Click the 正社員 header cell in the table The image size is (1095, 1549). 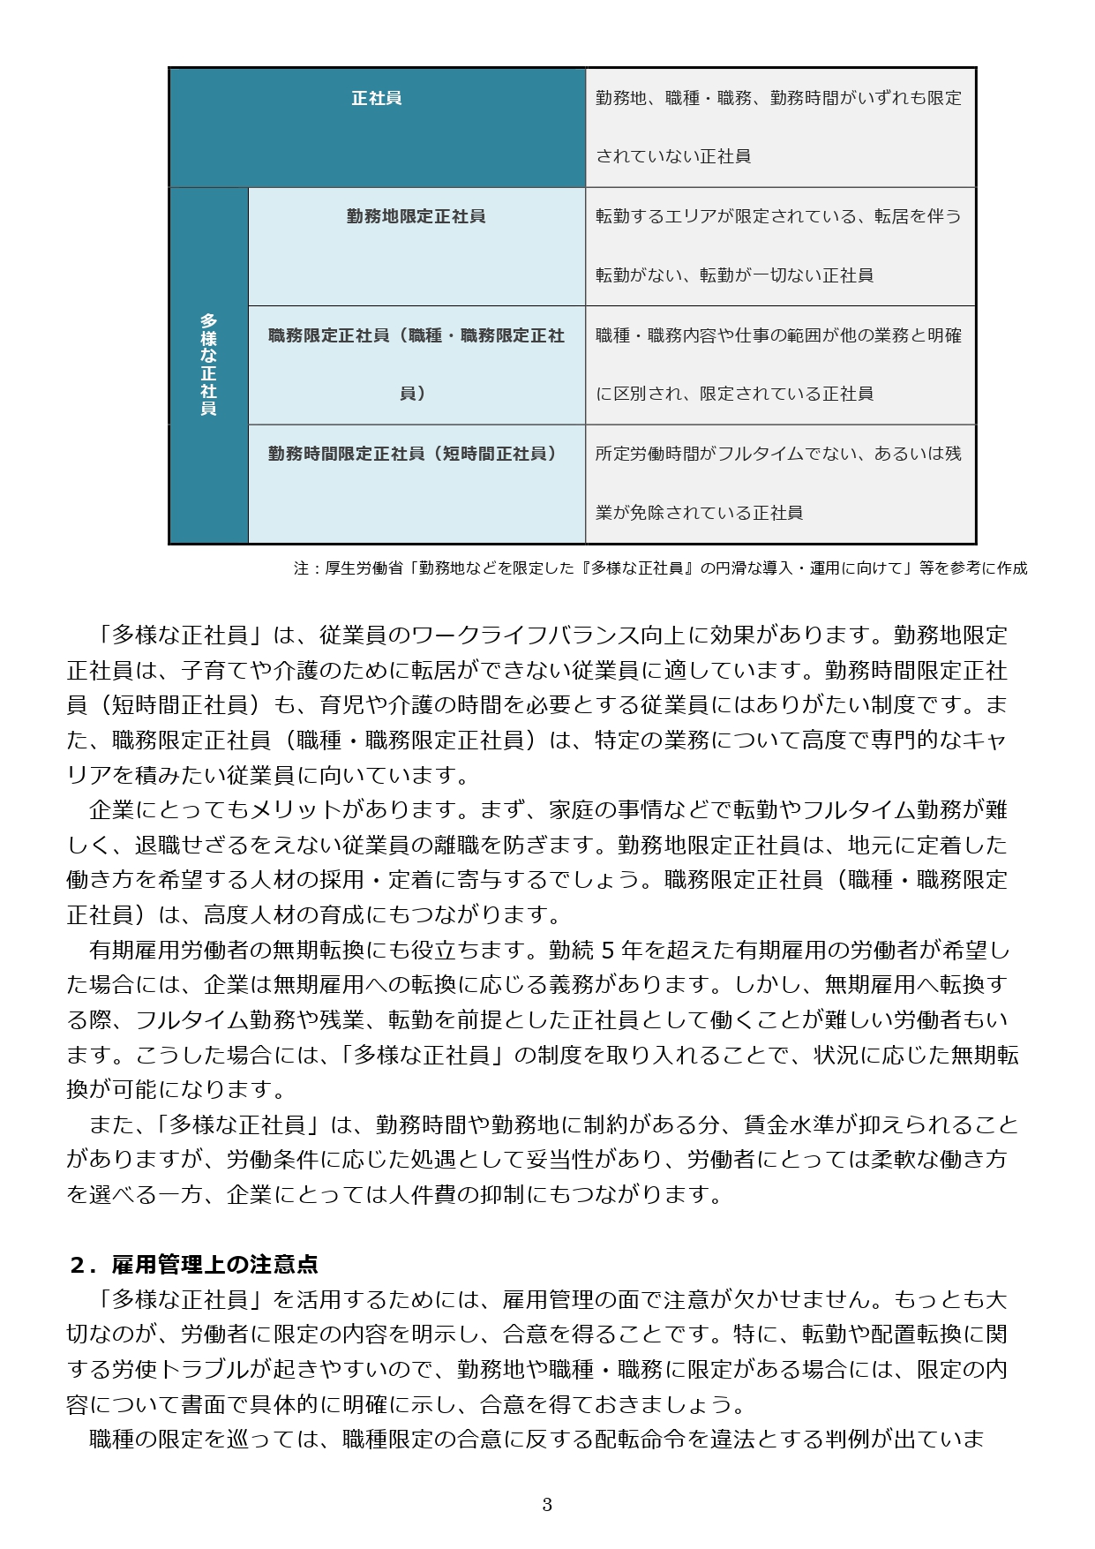click(x=377, y=98)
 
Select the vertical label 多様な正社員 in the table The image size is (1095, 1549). click(x=208, y=365)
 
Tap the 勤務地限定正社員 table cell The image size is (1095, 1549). click(x=416, y=216)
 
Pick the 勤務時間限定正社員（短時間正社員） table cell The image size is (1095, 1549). click(x=416, y=454)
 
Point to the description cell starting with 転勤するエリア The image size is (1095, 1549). click(x=779, y=245)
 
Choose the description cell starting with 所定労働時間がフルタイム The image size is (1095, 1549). click(x=779, y=483)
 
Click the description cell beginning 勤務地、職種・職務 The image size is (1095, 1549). click(x=779, y=126)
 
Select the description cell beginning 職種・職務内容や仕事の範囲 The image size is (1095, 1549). click(x=779, y=364)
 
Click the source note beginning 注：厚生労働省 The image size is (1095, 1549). click(x=660, y=568)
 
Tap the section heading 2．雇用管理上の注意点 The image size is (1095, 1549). click(x=193, y=1265)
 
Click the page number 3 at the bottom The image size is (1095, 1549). click(x=547, y=1505)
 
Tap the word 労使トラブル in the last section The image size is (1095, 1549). click(x=182, y=1370)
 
